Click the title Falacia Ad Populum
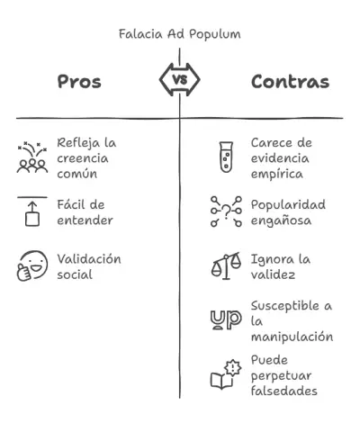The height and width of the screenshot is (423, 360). (180, 34)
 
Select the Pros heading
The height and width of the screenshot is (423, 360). (79, 82)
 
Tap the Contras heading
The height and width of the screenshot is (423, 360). (290, 82)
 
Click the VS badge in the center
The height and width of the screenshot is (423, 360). (180, 80)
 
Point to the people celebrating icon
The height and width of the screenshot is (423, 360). (32, 157)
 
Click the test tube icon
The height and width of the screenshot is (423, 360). (226, 157)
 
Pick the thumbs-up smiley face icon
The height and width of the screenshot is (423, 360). (32, 266)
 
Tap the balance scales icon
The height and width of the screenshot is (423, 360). (227, 266)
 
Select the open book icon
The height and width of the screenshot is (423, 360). (226, 375)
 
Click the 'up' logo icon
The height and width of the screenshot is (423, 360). (226, 320)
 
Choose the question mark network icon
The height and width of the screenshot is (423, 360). (226, 211)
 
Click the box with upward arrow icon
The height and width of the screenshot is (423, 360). (32, 211)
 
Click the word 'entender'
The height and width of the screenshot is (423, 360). (85, 220)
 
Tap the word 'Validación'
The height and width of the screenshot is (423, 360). (89, 259)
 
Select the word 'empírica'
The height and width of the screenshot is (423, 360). (277, 175)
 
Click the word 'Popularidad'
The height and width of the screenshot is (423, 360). (288, 205)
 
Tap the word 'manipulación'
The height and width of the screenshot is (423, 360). (292, 337)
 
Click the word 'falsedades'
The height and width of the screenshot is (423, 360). (284, 391)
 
